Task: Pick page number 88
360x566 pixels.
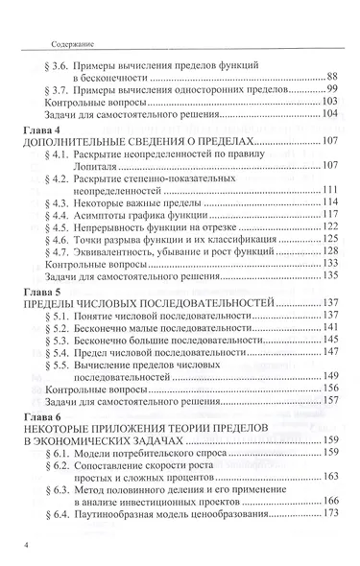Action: click(x=332, y=76)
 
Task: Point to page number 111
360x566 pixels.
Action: click(x=329, y=188)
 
